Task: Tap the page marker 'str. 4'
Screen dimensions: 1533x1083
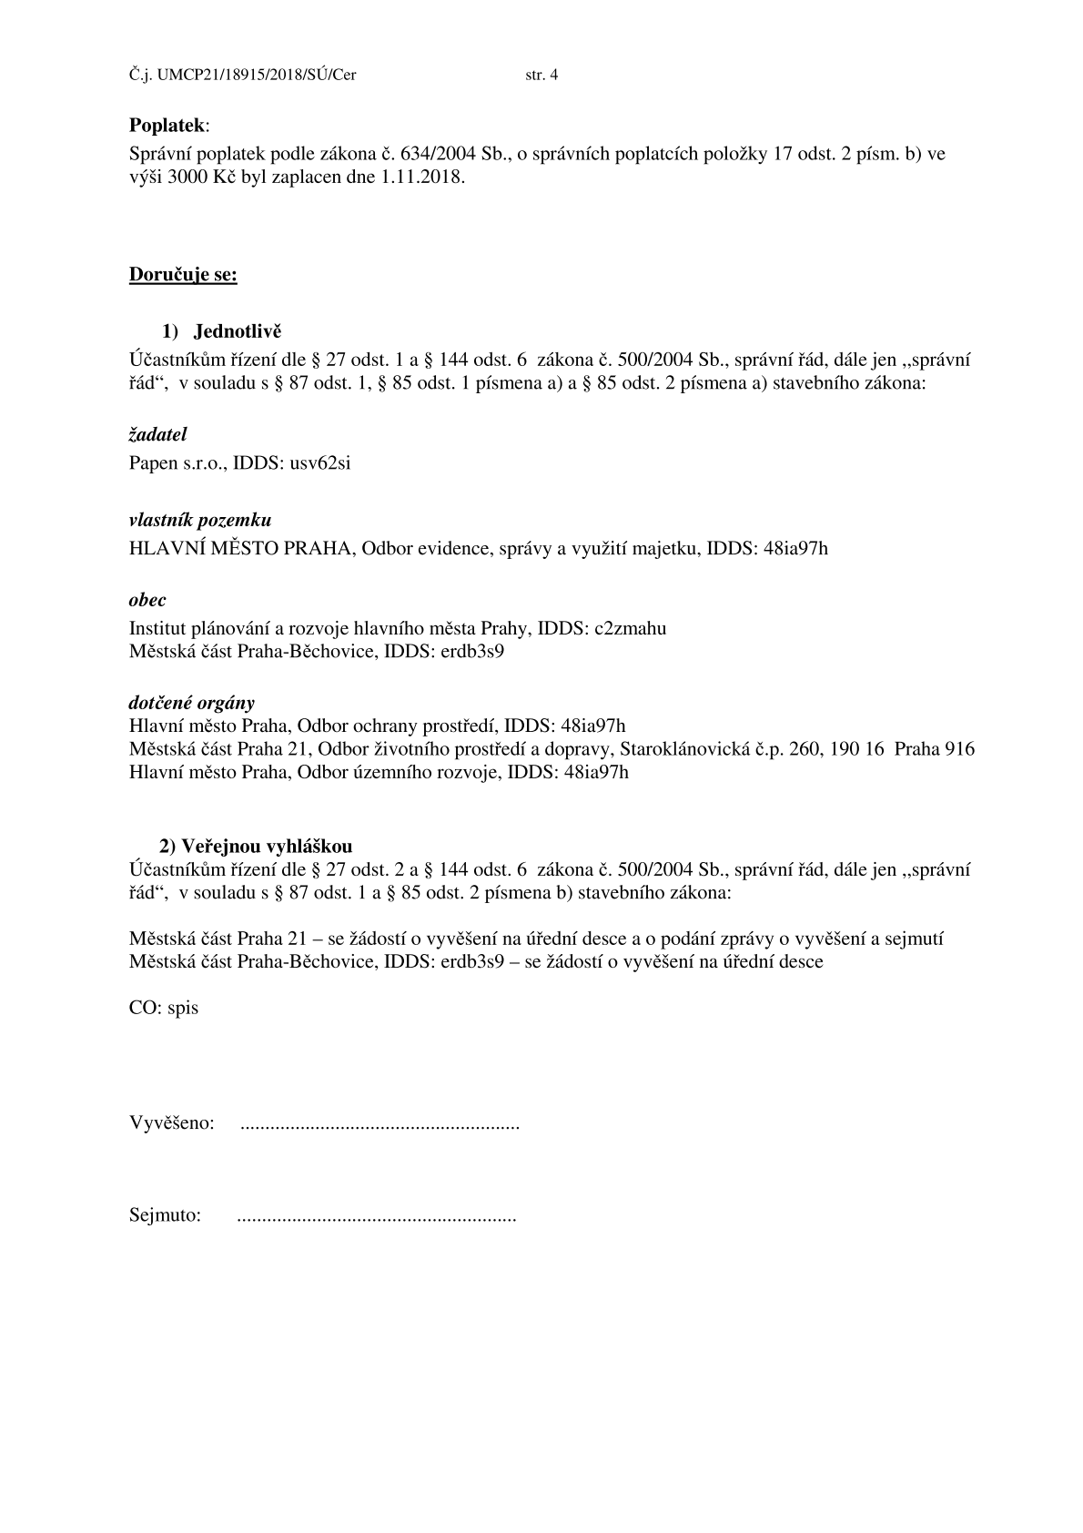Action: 541,76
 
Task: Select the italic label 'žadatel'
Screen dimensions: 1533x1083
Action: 157,435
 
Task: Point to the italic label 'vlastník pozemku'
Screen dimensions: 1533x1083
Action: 200,521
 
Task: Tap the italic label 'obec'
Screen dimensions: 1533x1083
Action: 147,601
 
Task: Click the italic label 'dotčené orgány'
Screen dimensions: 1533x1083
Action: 192,703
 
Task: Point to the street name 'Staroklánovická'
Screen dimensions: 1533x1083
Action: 683,750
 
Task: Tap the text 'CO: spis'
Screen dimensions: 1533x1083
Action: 164,1009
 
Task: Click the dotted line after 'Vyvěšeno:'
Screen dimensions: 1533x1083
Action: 380,1125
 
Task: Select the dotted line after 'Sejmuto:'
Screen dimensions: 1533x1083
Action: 376,1216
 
